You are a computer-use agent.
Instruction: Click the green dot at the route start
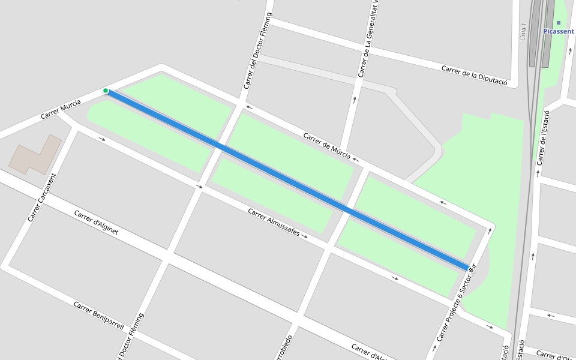click(106, 91)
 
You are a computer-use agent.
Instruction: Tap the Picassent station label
click(558, 31)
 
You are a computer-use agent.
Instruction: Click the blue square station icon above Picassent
click(558, 23)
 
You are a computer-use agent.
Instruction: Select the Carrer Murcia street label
click(61, 109)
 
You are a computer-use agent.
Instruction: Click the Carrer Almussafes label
click(274, 222)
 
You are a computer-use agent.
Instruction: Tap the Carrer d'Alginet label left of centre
click(96, 223)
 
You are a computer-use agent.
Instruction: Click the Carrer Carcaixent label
click(41, 197)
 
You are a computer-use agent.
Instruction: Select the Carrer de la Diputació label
click(475, 76)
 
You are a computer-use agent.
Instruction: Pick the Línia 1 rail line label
click(523, 32)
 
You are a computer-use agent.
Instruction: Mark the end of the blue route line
click(469, 268)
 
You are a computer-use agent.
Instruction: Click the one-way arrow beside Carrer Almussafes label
click(305, 236)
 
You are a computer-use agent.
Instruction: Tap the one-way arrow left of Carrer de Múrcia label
click(249, 108)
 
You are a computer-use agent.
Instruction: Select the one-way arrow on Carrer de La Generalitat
click(355, 100)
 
